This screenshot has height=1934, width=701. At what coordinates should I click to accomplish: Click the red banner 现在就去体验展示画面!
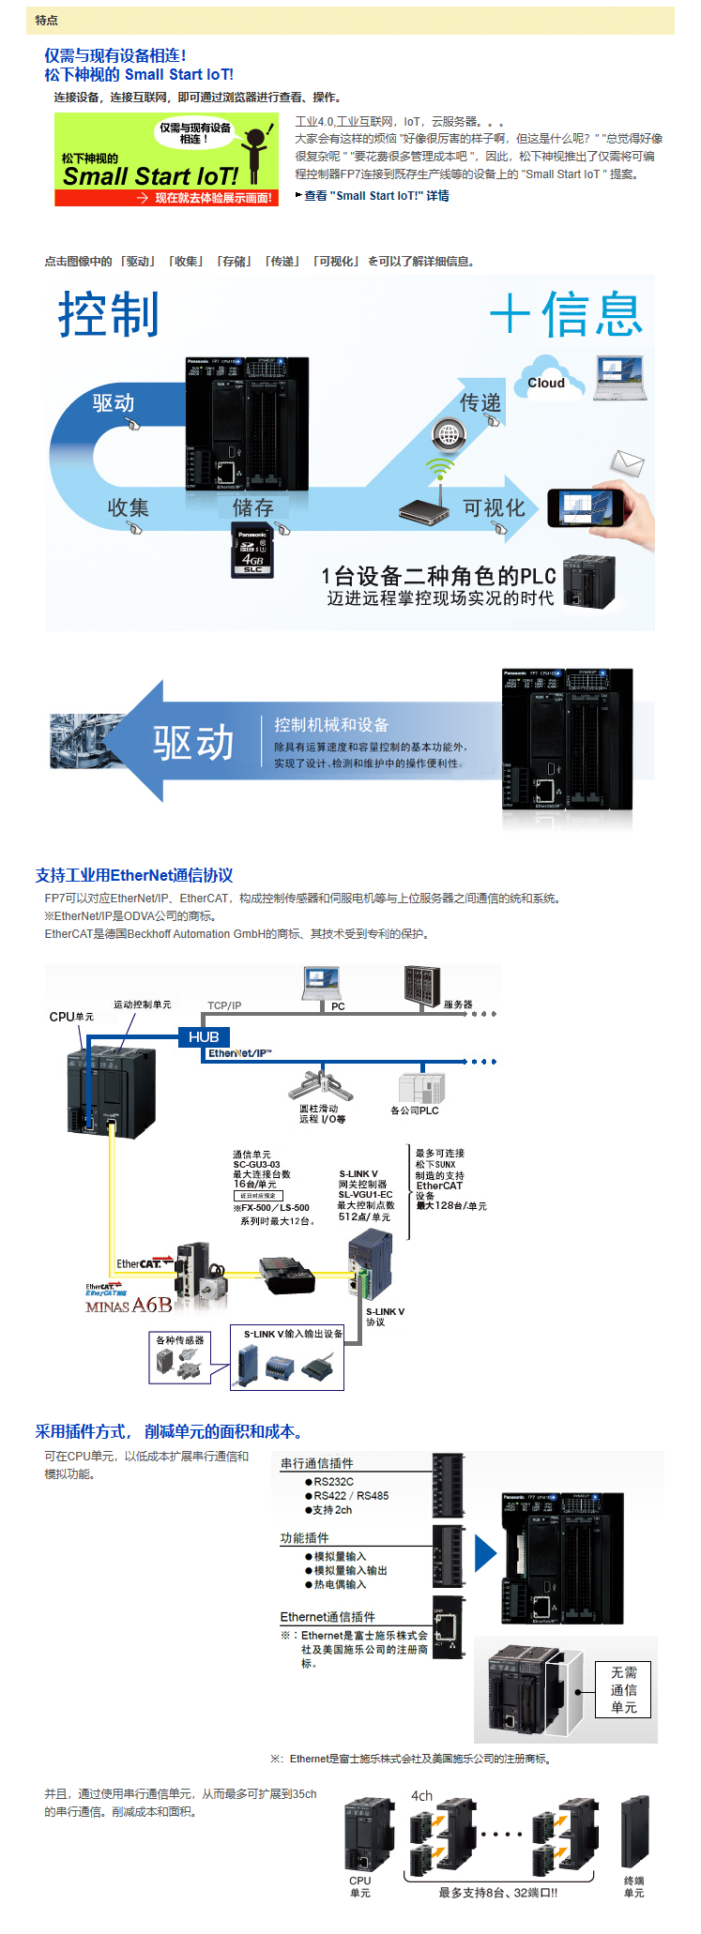[167, 198]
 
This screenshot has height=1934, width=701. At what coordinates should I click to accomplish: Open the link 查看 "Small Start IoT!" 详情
[376, 196]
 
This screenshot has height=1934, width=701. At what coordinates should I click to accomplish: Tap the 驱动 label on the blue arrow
[114, 403]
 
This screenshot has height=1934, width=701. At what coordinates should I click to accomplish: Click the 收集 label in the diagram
[128, 508]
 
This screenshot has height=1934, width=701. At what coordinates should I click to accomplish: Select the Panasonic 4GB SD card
[252, 550]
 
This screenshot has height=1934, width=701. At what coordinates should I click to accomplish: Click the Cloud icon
[548, 379]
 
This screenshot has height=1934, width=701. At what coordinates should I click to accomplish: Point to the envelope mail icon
[627, 462]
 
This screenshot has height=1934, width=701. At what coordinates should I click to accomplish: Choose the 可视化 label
[495, 508]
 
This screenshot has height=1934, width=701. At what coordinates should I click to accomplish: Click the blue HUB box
[204, 1036]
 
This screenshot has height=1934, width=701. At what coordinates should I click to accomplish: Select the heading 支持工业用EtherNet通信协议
[134, 875]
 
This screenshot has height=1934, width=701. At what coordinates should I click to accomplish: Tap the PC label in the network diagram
[338, 1006]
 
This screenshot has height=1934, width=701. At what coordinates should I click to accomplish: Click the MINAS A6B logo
[129, 1306]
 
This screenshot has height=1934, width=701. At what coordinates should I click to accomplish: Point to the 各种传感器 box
[179, 1357]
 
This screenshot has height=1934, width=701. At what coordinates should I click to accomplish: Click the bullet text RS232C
[333, 1482]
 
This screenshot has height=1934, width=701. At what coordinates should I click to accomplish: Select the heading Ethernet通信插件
[328, 1617]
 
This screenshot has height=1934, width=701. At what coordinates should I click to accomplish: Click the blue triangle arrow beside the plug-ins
[484, 1553]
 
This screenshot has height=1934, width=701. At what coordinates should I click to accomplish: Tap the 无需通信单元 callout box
[624, 1689]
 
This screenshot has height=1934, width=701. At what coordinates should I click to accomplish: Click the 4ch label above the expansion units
[422, 1796]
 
